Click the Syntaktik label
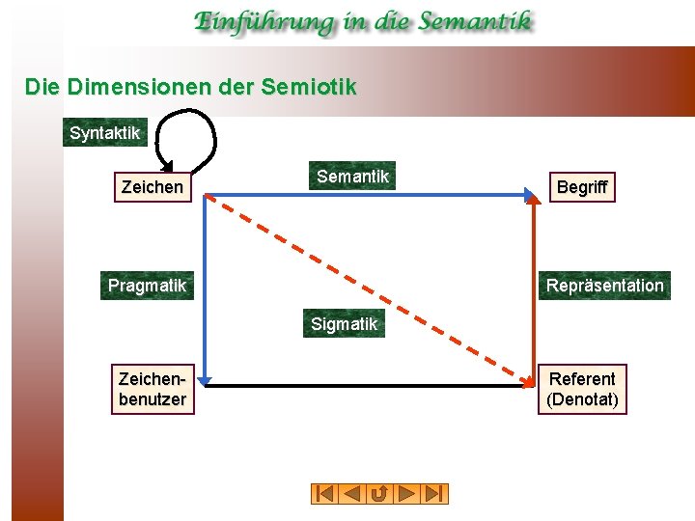(105, 133)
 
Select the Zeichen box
(153, 187)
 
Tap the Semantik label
(352, 176)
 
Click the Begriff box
(582, 187)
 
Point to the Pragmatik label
(147, 286)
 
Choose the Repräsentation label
(604, 286)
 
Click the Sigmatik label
(344, 324)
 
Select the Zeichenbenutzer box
(153, 389)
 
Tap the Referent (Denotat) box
(582, 389)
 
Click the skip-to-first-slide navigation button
(324, 494)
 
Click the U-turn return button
(379, 494)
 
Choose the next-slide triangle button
(407, 494)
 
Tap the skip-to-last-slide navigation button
(435, 494)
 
